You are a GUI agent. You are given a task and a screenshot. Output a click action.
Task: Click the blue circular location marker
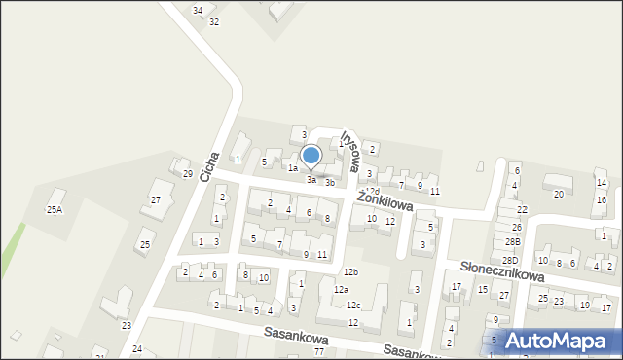(x=311, y=155)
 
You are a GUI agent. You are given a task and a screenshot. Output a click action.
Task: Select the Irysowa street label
(x=349, y=152)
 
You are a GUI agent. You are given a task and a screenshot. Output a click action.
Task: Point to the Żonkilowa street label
(x=385, y=201)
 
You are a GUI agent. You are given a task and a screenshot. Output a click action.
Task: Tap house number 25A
(x=55, y=209)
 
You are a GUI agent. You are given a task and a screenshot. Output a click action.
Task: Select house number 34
(x=198, y=10)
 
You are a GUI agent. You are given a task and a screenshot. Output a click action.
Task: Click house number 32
(x=214, y=21)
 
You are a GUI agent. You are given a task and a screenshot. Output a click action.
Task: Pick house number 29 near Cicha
(x=188, y=174)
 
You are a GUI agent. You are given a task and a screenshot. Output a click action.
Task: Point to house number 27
(x=155, y=199)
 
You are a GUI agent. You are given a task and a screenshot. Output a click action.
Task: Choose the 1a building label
(x=292, y=167)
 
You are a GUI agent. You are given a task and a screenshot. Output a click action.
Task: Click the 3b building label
(x=330, y=182)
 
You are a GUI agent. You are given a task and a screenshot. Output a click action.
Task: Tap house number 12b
(x=350, y=271)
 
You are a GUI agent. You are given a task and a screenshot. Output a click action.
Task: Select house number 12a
(x=341, y=290)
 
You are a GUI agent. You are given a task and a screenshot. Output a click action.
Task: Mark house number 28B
(x=512, y=241)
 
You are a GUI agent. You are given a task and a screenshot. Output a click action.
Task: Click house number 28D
(x=510, y=261)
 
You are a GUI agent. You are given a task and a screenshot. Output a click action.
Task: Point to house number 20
(x=558, y=194)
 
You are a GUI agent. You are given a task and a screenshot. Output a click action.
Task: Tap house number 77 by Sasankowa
(x=318, y=350)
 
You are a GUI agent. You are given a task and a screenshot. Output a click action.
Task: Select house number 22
(x=522, y=209)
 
